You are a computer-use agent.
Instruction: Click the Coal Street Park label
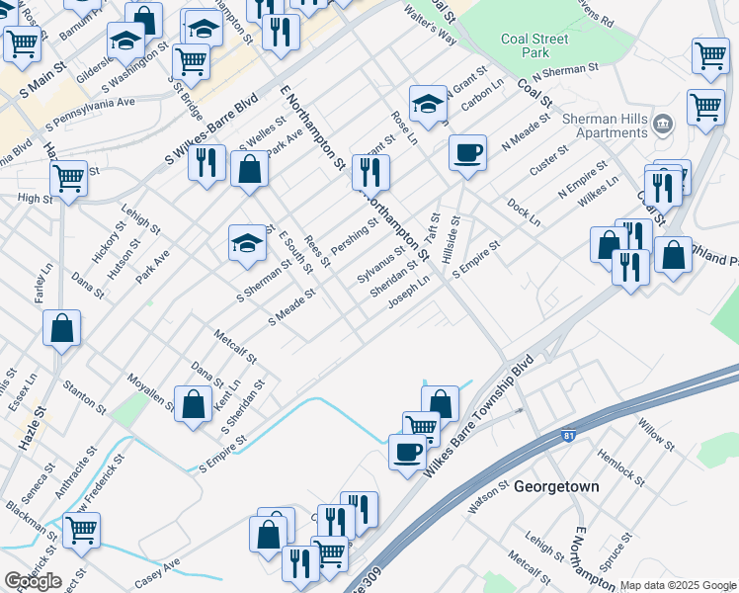point(534,45)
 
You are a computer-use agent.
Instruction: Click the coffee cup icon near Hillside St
point(467,152)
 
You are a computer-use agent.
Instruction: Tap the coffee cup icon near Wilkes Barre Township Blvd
point(406,453)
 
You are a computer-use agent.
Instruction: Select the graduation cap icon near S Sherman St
point(246,242)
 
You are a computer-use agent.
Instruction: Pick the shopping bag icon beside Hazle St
point(61,329)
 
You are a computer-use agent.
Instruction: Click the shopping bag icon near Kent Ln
point(195,403)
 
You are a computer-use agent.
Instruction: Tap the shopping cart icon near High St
point(68,179)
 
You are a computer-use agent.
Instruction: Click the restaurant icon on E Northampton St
point(370,172)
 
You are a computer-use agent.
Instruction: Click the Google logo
point(33,581)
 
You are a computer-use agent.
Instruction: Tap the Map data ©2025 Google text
point(679,585)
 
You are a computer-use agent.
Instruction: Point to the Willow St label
point(656,433)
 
